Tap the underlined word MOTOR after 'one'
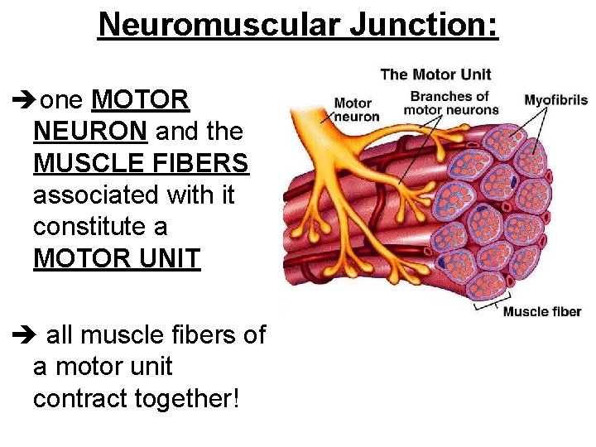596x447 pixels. click(142, 100)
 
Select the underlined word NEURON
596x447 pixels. click(91, 132)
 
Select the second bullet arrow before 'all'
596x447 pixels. click(25, 336)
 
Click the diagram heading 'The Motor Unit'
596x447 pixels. click(435, 74)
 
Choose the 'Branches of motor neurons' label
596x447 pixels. click(451, 103)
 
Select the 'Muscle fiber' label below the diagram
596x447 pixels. click(542, 312)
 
